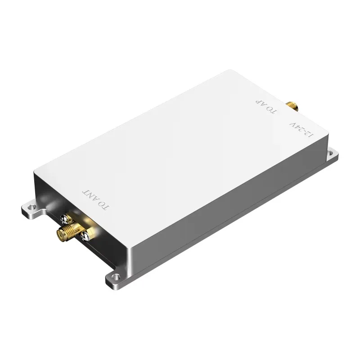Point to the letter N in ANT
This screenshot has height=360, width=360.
[91, 195]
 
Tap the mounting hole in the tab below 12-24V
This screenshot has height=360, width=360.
[332, 153]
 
